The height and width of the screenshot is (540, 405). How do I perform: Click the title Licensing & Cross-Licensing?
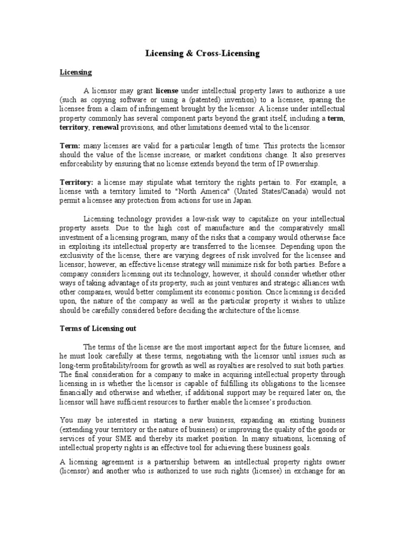[x=202, y=54]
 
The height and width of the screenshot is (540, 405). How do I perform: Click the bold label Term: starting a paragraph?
[x=70, y=144]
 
